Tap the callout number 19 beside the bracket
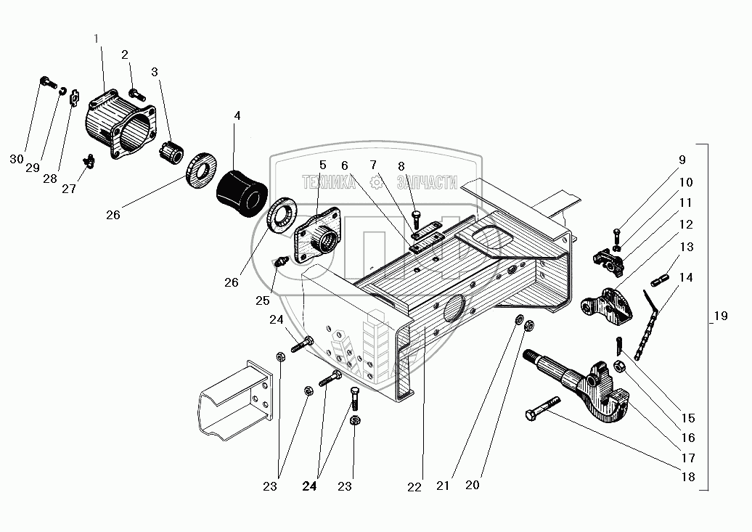pos(720,316)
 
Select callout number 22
pos(414,488)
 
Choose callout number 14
pos(686,277)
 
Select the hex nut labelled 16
pos(621,367)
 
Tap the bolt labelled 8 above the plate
pos(417,217)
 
